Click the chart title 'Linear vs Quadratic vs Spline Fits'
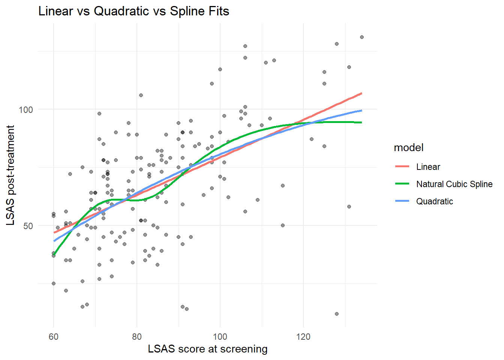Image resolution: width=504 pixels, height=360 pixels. pos(133,11)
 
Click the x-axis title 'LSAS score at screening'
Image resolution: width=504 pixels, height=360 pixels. pos(207,349)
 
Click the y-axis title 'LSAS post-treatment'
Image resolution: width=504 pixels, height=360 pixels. pos(11,175)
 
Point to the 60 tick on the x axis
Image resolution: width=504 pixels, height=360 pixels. pos(54,337)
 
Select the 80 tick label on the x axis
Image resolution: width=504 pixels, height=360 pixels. pos(137,337)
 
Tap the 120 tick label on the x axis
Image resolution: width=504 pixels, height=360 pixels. pos(303,337)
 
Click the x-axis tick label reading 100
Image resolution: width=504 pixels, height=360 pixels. pos(220,337)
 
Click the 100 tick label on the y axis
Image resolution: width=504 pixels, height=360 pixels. pos(26,110)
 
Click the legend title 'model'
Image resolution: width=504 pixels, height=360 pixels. pos(408,148)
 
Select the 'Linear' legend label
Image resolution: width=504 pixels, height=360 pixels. pos(428,167)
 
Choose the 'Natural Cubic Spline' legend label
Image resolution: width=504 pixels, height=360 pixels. pos(454,184)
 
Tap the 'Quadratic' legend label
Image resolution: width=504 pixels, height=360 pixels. pos(434,201)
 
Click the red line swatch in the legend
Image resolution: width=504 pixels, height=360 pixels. pos(402,167)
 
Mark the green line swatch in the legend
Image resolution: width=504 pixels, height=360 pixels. pos(402,184)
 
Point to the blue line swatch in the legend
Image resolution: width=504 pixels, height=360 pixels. pos(402,201)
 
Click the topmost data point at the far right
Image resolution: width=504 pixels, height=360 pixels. pos(361,37)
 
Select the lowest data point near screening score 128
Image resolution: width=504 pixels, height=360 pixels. pos(336,314)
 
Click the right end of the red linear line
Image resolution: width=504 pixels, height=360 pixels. pos(361,93)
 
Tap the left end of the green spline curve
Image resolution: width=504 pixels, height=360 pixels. pos(54,254)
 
